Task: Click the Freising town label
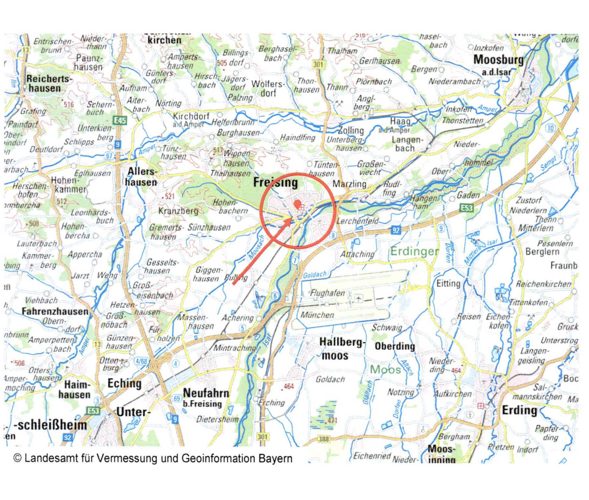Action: click(276, 183)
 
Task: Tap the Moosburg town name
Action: click(498, 60)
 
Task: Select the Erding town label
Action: click(519, 410)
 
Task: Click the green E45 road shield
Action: click(120, 121)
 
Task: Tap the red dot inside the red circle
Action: click(297, 204)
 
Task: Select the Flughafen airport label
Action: click(327, 293)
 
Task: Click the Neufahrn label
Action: click(206, 393)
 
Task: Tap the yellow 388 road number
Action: click(323, 439)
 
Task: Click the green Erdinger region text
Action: click(414, 251)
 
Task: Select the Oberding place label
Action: click(395, 346)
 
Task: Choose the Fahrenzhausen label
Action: click(55, 311)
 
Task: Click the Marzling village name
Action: click(349, 184)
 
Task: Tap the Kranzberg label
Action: click(178, 211)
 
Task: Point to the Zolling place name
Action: click(351, 130)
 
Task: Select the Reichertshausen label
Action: click(48, 83)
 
